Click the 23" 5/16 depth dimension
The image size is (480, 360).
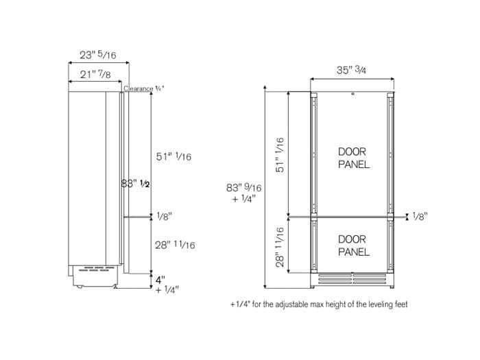pyautogui.click(x=98, y=55)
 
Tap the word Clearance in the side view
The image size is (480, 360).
pyautogui.click(x=139, y=88)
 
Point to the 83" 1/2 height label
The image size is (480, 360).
pyautogui.click(x=135, y=184)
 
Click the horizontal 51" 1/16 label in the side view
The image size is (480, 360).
pyautogui.click(x=173, y=157)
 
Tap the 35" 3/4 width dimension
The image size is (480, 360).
pyautogui.click(x=352, y=69)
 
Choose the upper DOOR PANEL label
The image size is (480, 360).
pyautogui.click(x=353, y=158)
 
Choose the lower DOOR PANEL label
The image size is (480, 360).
pyautogui.click(x=353, y=245)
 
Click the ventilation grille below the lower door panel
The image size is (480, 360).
pyautogui.click(x=352, y=280)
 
